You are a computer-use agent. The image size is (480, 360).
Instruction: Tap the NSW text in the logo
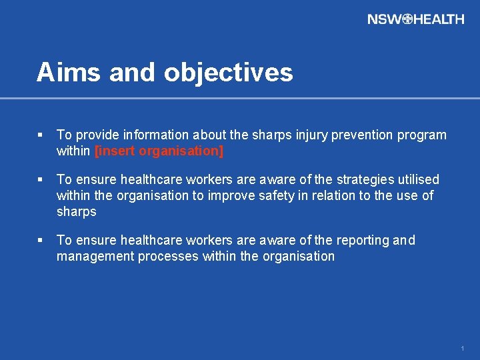(x=384, y=19)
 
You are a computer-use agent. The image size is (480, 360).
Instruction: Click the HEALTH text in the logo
(x=439, y=19)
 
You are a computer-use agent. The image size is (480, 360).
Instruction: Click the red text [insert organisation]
(x=159, y=151)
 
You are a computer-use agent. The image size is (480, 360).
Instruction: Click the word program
(x=422, y=135)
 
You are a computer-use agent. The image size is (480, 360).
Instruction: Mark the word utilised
(x=417, y=180)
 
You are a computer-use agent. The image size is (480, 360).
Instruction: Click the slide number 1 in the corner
(x=462, y=349)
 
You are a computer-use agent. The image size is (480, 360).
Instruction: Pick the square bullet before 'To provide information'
(x=41, y=135)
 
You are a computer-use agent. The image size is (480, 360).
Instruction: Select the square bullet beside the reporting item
(x=41, y=240)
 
